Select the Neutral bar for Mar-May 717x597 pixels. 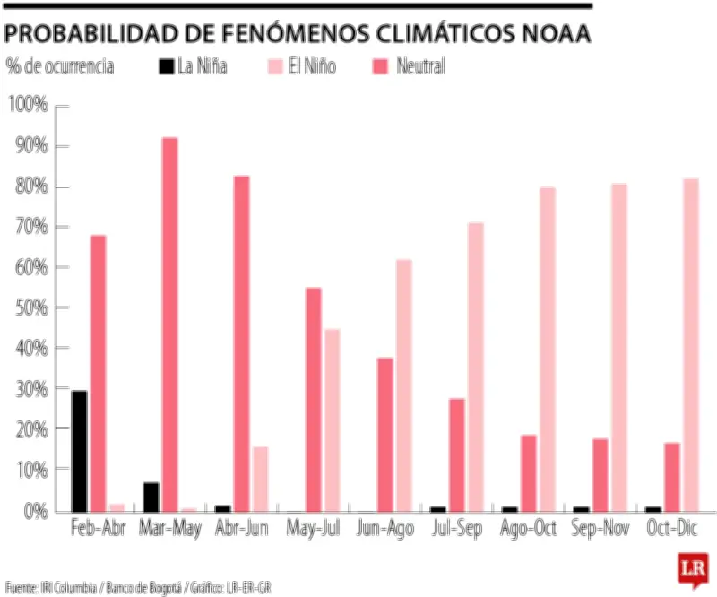pos(169,323)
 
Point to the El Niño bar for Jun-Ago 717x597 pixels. pos(403,385)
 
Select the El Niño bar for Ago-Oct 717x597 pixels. pos(548,349)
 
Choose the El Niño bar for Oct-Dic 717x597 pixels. pos(691,344)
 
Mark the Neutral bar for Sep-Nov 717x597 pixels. pos(600,474)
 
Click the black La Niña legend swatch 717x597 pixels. pos(167,66)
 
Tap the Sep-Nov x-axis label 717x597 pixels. pos(600,529)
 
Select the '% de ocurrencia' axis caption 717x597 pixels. pos(59,67)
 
